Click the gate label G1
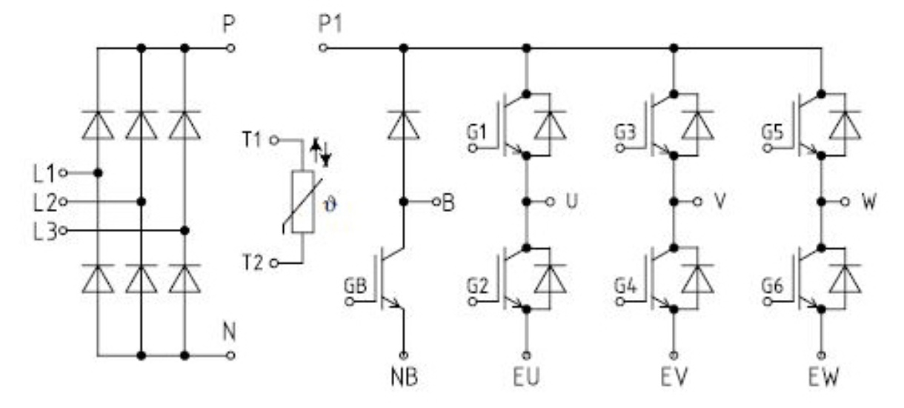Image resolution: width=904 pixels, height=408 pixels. (x=477, y=133)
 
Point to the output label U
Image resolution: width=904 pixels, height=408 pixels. (x=570, y=201)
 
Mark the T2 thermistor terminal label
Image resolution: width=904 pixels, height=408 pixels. (x=252, y=262)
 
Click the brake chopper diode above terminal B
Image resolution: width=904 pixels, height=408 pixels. (x=403, y=124)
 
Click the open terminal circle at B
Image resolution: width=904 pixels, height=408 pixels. (x=436, y=201)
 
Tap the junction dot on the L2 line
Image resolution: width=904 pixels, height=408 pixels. (x=141, y=201)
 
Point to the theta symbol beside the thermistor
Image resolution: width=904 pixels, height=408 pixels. (x=331, y=201)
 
